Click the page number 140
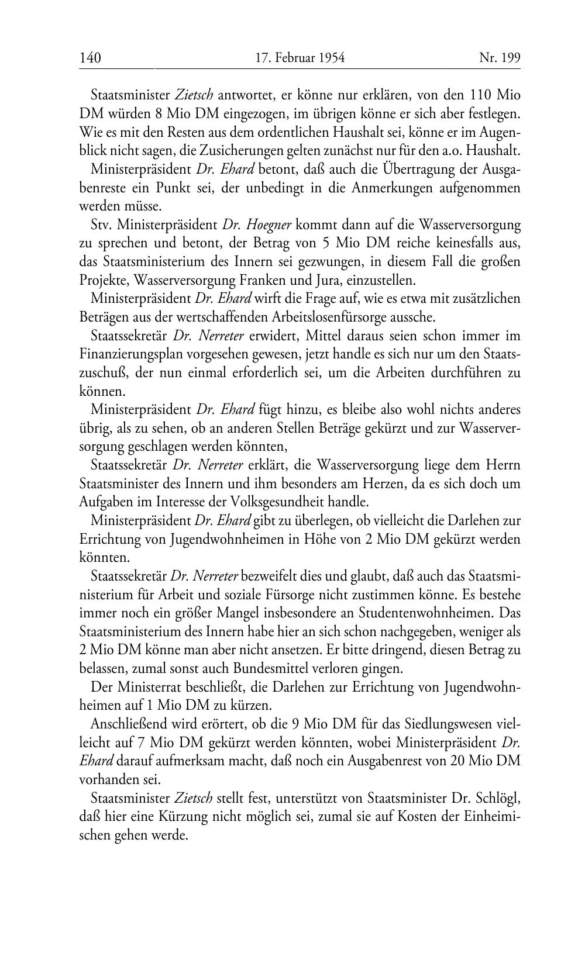point(90,57)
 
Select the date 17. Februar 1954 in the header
point(300,57)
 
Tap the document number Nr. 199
point(500,57)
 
